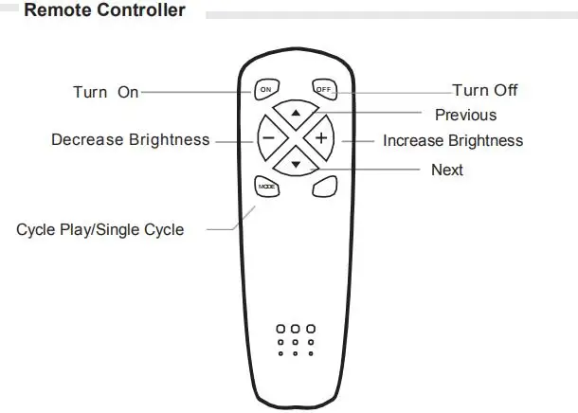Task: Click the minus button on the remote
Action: (267, 139)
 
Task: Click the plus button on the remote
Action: (322, 139)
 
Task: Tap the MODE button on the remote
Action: (266, 187)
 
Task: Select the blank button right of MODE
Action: (325, 187)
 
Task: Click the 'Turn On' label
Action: (105, 92)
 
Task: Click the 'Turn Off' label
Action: (484, 91)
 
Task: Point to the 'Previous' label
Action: (465, 116)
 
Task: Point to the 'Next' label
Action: (447, 171)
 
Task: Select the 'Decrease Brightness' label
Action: (130, 140)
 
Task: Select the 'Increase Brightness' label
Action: (452, 141)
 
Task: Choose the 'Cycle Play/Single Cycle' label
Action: (99, 230)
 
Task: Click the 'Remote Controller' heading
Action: (104, 11)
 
